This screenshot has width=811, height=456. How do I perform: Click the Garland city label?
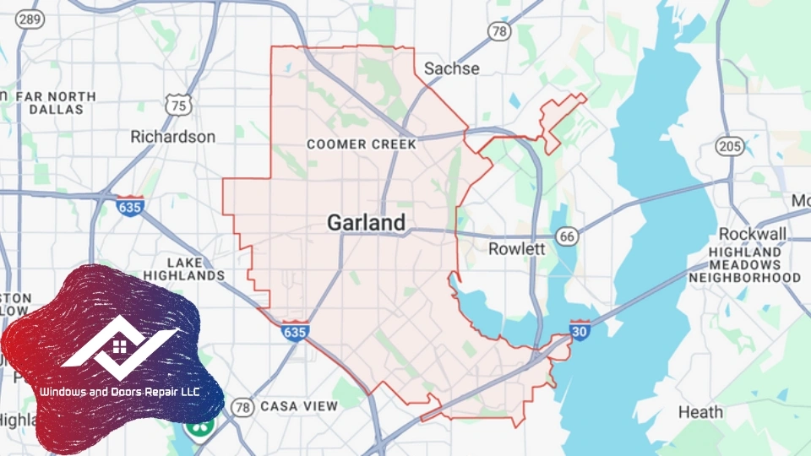pos(366,223)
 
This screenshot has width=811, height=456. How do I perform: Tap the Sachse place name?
pos(451,68)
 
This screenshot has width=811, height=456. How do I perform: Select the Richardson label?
pos(173,136)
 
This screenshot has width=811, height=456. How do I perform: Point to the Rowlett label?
pos(517,249)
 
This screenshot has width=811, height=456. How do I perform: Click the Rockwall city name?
pos(753,233)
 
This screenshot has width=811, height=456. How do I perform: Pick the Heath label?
pos(701,412)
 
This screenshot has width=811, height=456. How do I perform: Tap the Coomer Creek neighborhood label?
pos(362,144)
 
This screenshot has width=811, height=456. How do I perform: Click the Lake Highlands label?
pos(184,269)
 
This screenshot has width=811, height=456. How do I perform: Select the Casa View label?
pos(299,406)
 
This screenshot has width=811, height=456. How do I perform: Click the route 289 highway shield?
pos(30,19)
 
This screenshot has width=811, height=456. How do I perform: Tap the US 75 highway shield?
pos(178,105)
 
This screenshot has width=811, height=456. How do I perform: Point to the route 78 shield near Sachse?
pos(499,32)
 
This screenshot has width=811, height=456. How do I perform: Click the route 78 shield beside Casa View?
pos(243,407)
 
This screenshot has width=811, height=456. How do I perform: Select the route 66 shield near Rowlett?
pos(568,236)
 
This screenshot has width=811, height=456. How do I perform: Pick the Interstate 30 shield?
pos(580,331)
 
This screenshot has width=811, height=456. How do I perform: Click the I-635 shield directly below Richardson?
pos(130,204)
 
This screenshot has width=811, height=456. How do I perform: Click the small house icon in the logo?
pos(120,346)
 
